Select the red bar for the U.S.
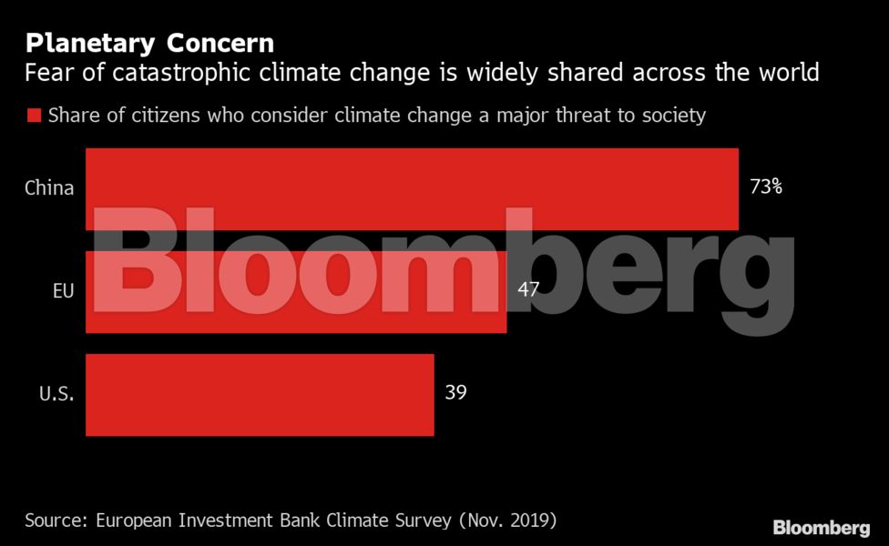click(x=260, y=395)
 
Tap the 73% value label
click(x=765, y=187)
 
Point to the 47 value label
click(x=527, y=289)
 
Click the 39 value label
click(x=455, y=392)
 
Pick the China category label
click(x=49, y=188)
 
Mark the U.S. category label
click(x=56, y=395)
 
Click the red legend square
click(x=34, y=116)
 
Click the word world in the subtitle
click(x=788, y=72)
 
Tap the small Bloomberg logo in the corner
click(x=821, y=528)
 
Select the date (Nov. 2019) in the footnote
click(x=506, y=521)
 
